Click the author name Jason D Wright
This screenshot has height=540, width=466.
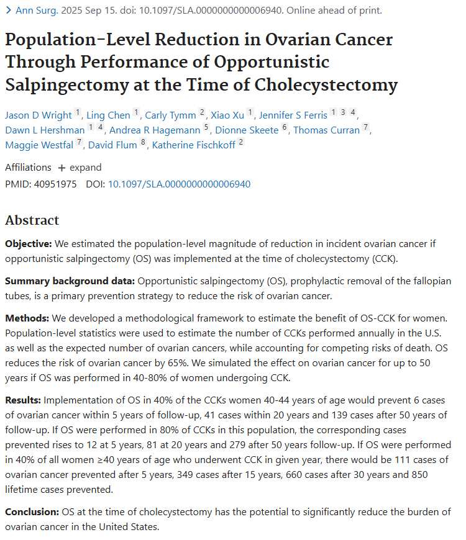tap(38, 115)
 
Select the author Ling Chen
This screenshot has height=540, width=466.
tap(109, 115)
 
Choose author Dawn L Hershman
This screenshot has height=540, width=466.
tap(44, 130)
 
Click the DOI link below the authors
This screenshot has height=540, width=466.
tap(179, 184)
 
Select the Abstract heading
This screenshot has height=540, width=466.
tap(32, 220)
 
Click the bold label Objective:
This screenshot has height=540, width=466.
tap(29, 244)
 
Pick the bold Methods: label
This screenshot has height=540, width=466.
tap(26, 319)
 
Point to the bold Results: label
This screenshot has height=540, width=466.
tap(24, 400)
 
